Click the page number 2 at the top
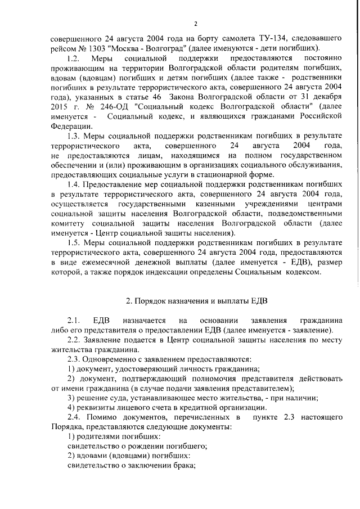[x=196, y=24]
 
